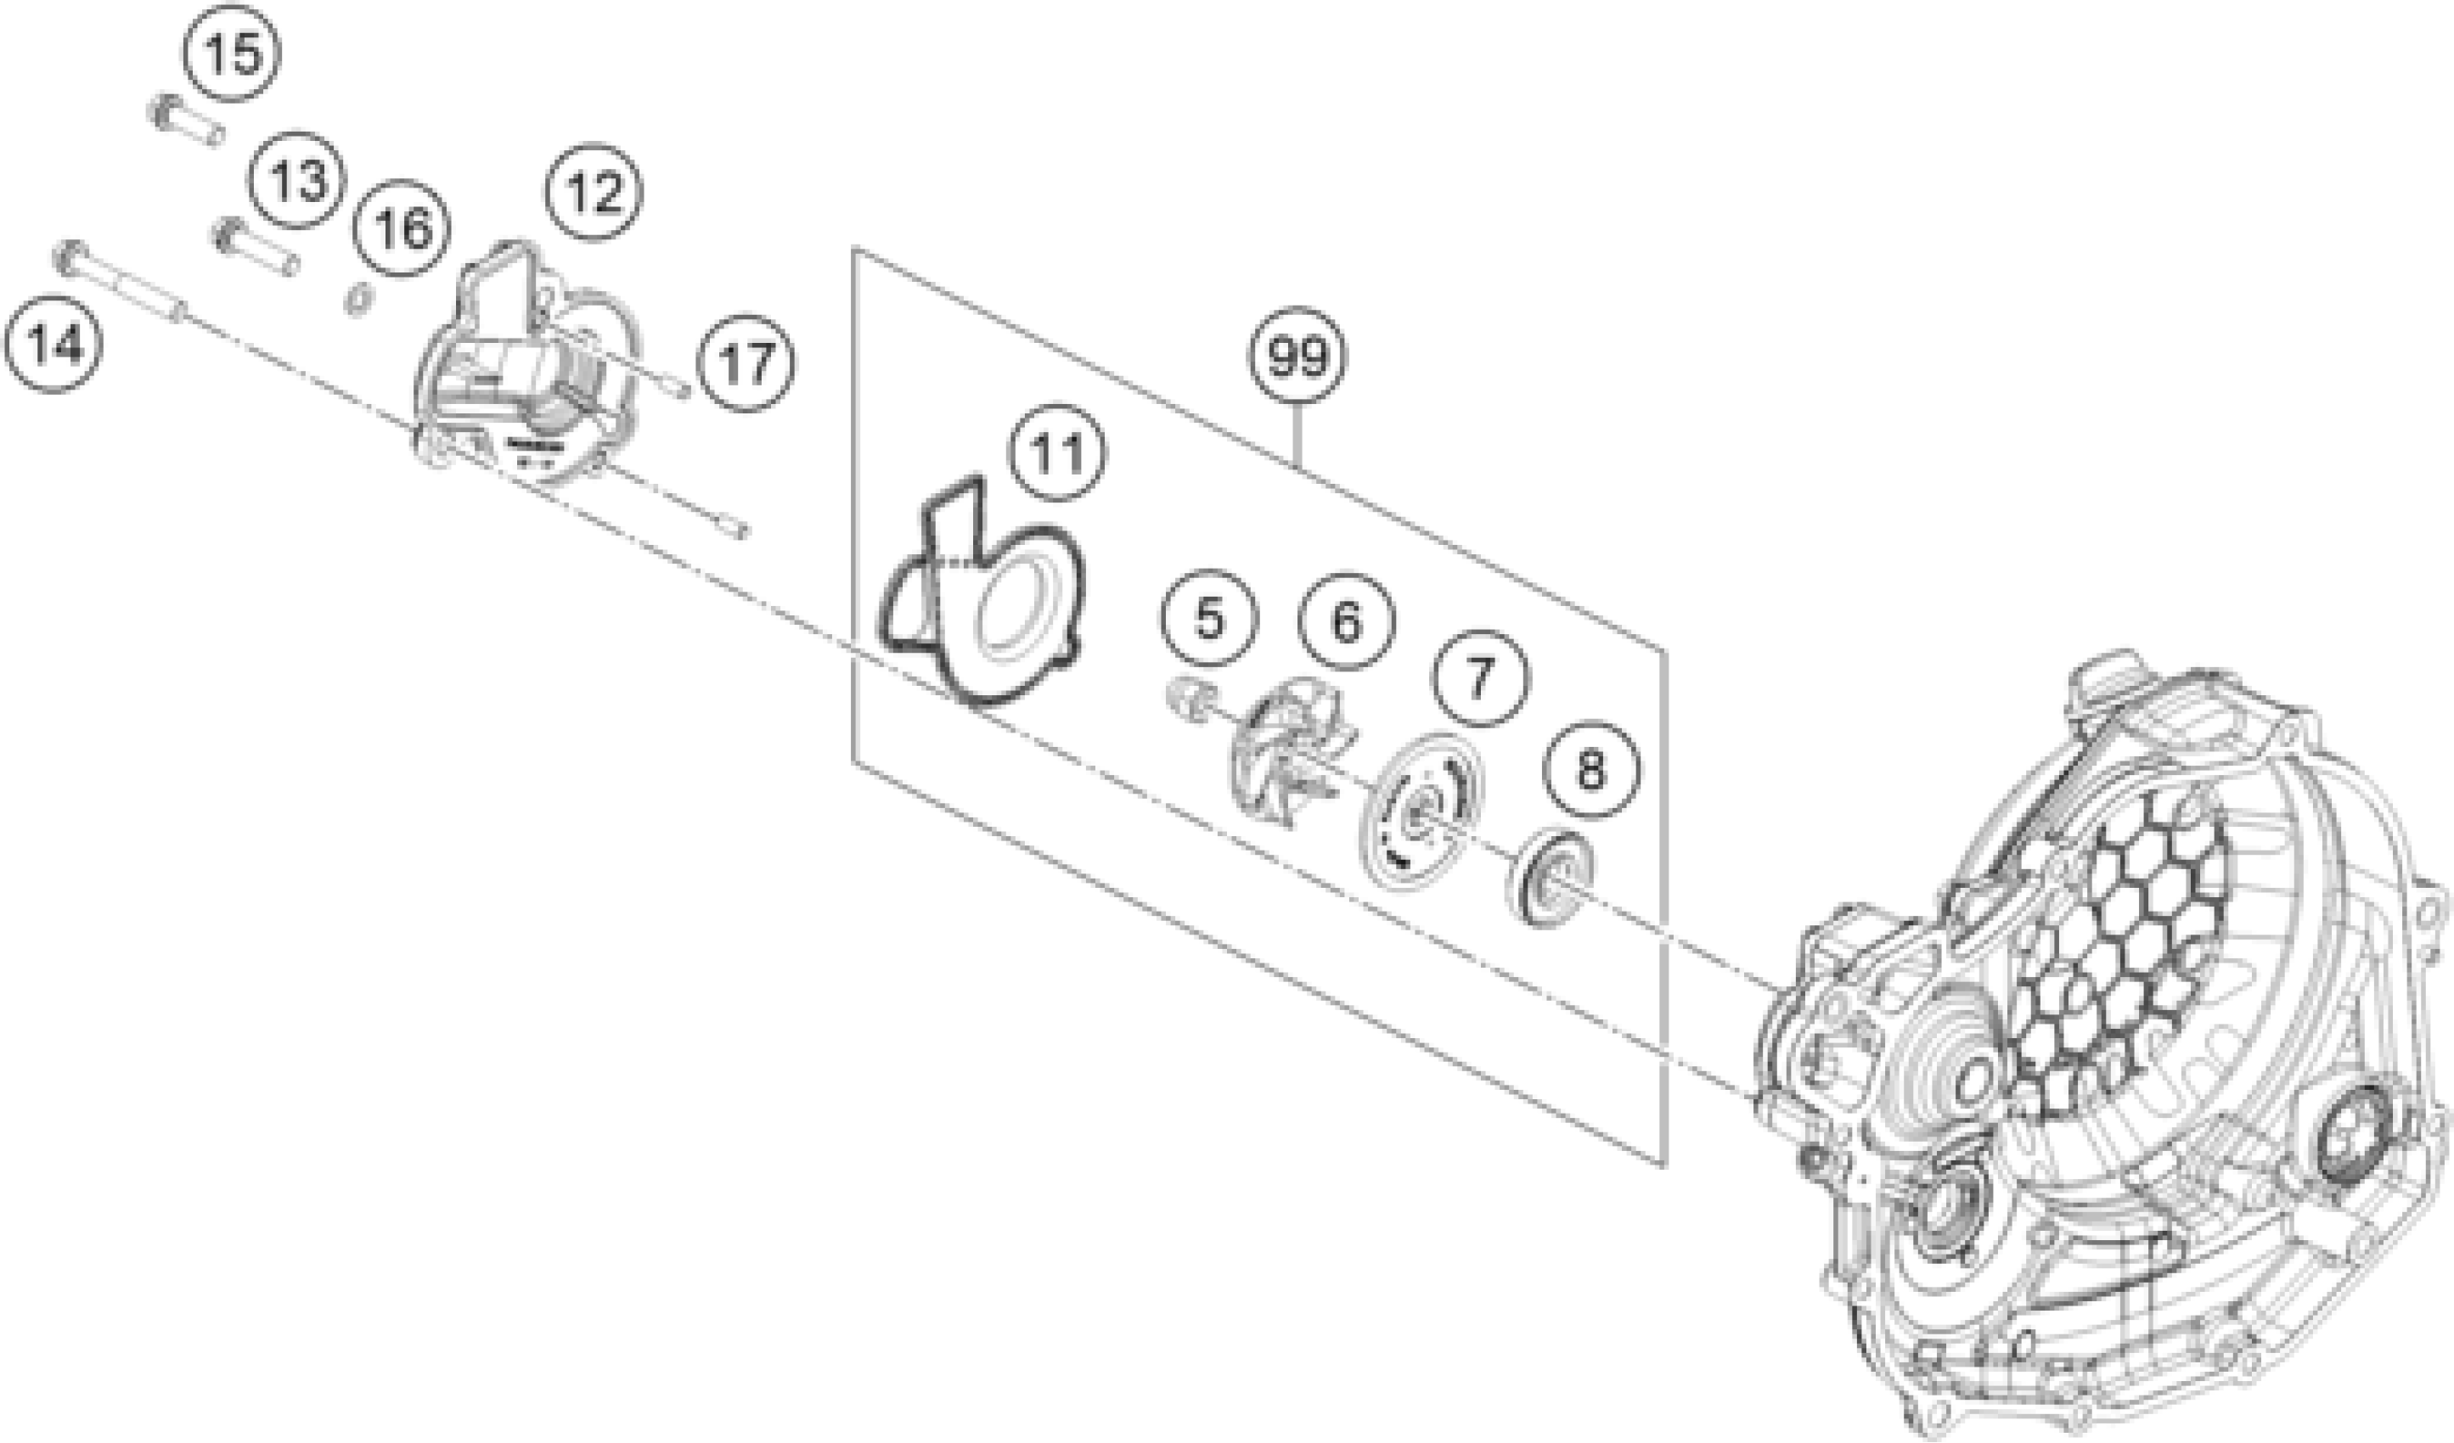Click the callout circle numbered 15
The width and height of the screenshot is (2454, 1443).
pos(233,53)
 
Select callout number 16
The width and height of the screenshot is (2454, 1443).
pos(402,229)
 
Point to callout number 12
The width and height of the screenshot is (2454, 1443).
pos(594,192)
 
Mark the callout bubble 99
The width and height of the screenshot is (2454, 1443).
pos(1298,357)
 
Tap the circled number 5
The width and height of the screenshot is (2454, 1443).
pos(1208,618)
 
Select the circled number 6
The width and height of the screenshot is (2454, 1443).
pos(1347,621)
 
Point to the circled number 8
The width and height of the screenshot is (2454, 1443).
pos(1590,772)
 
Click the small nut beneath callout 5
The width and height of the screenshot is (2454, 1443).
pos(1187,700)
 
